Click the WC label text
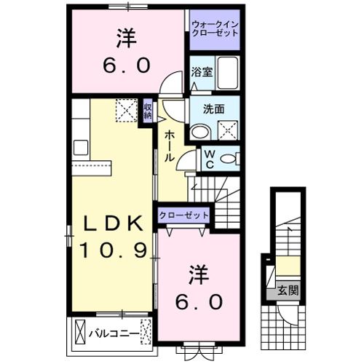[207, 158]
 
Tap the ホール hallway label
[168, 146]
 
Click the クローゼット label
[183, 215]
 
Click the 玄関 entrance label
[288, 291]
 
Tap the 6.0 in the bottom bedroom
[197, 301]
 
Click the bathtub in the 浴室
[227, 74]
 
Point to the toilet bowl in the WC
[229, 159]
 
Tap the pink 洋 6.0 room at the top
[127, 51]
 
